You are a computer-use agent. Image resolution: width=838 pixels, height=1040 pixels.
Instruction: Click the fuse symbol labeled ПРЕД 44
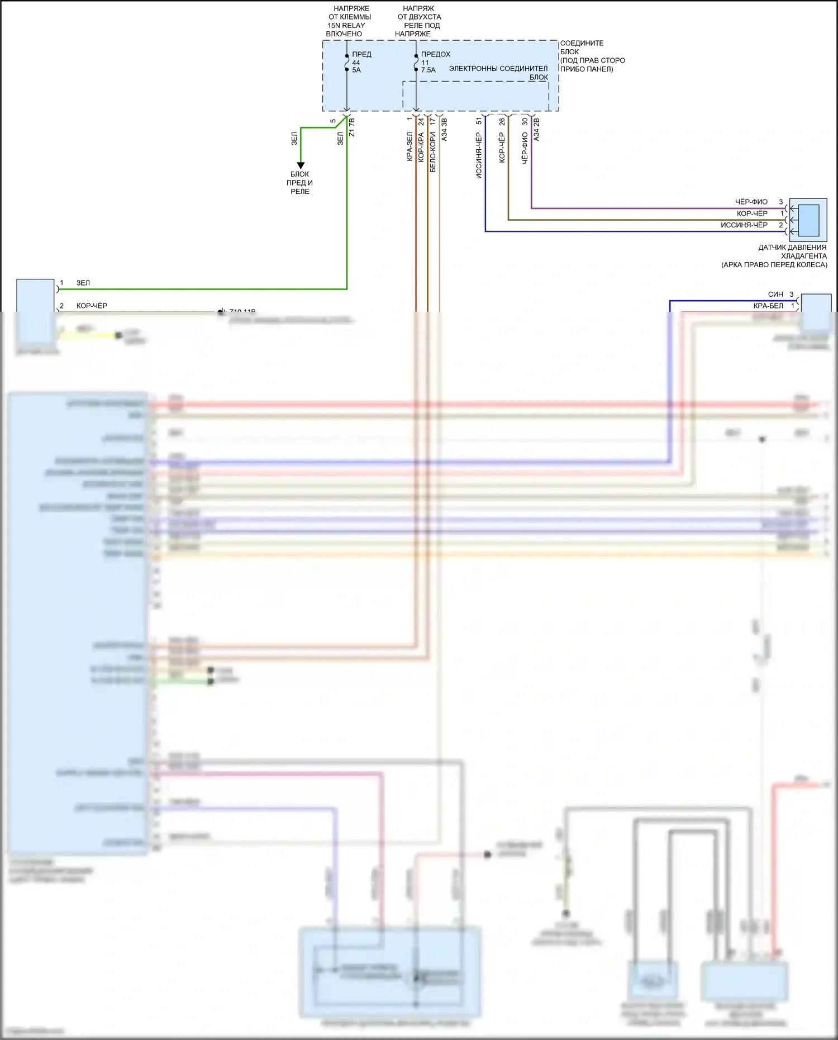pos(347,63)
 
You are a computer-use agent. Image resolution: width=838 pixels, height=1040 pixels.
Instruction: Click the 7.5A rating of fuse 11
pos(428,70)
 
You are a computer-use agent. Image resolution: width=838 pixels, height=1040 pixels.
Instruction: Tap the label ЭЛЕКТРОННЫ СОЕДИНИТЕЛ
pos(498,69)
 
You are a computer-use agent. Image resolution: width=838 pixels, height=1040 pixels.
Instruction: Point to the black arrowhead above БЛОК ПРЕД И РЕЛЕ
pos(301,165)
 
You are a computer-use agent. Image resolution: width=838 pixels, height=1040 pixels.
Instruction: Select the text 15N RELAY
pos(346,26)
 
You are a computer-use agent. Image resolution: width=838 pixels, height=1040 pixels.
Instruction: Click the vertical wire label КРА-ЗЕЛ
pos(410,147)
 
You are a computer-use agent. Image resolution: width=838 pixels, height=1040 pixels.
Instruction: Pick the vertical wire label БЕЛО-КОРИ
pos(433,151)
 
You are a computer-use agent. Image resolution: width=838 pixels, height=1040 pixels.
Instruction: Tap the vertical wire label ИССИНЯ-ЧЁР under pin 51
pos(479,155)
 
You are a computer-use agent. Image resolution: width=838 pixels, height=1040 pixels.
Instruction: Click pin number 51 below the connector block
pos(479,121)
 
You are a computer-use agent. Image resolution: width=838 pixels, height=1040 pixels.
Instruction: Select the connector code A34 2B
pos(536,129)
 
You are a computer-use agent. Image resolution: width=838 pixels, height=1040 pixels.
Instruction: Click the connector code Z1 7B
pos(351,127)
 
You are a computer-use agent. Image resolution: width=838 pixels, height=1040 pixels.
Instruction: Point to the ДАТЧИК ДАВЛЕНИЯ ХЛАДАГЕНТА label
pos(792,251)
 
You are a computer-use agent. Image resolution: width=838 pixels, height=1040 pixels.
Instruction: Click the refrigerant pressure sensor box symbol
pos(808,220)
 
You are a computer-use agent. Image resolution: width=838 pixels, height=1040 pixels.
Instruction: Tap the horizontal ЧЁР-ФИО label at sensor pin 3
pos(751,202)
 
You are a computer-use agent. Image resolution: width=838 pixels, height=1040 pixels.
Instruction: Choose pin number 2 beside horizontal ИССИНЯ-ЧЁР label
pos(781,225)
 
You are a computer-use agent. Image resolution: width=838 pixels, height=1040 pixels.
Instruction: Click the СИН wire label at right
pos(775,294)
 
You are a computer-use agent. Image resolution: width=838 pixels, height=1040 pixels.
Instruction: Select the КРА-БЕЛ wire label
pos(768,306)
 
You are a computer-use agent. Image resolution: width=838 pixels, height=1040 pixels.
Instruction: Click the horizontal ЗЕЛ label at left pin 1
pos(83,283)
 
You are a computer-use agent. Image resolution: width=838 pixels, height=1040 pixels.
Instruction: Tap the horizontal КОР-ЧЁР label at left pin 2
pos(92,306)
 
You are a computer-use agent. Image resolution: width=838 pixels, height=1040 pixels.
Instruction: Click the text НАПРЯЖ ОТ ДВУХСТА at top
pos(419,13)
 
